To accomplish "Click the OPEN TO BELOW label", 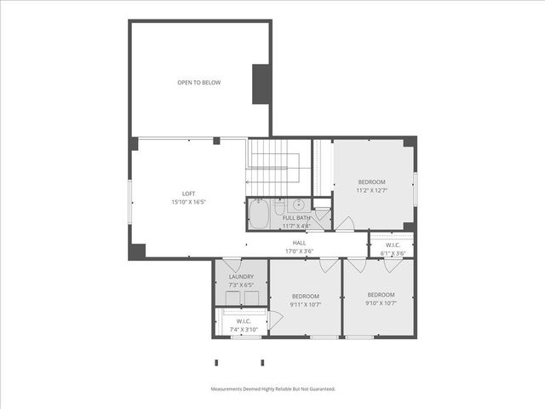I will (199, 83).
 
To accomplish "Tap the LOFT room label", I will (189, 193).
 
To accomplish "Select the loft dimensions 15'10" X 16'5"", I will (189, 203).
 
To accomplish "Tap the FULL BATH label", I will (296, 218).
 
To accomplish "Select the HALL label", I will (299, 243).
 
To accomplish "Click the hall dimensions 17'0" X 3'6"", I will (299, 251).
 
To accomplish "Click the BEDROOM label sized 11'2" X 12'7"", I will (371, 182).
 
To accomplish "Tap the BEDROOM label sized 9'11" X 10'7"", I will (305, 296).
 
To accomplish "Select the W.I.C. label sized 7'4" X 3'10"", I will (242, 321).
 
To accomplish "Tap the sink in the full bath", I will (299, 204).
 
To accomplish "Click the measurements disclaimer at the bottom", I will (272, 389).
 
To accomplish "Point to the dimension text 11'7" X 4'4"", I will (296, 226).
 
